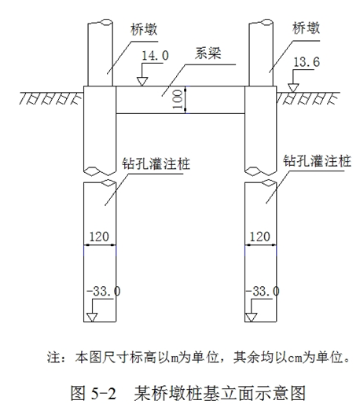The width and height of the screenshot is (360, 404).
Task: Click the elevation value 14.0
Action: pos(155,56)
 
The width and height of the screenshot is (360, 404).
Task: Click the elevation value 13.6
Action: pos(307,62)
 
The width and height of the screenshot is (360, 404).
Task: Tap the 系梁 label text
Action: pos(208,53)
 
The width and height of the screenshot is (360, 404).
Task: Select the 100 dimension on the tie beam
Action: pos(178,100)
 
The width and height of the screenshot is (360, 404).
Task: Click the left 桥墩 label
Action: pos(144,29)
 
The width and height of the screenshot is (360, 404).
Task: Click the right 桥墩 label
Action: pos(306,28)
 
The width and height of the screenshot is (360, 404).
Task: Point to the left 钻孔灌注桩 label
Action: pos(156,163)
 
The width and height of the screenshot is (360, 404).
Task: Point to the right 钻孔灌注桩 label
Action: pos(317,160)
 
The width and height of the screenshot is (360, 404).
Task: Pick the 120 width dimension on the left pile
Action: pos(99,237)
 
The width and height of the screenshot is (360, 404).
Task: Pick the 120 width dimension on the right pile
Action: pos(259,237)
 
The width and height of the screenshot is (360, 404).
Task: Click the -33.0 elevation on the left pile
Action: pos(104,291)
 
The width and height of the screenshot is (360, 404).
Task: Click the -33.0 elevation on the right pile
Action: pos(263,291)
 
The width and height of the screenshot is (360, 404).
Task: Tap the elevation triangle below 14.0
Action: pos(142,82)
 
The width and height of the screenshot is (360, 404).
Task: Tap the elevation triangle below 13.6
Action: pos(293,88)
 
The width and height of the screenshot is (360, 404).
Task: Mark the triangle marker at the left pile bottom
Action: pos(92,318)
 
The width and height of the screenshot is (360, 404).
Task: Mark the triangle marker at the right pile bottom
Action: pos(251,318)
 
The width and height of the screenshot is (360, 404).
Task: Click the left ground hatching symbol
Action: pos(51,98)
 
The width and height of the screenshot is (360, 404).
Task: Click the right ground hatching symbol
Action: pos(308,98)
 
